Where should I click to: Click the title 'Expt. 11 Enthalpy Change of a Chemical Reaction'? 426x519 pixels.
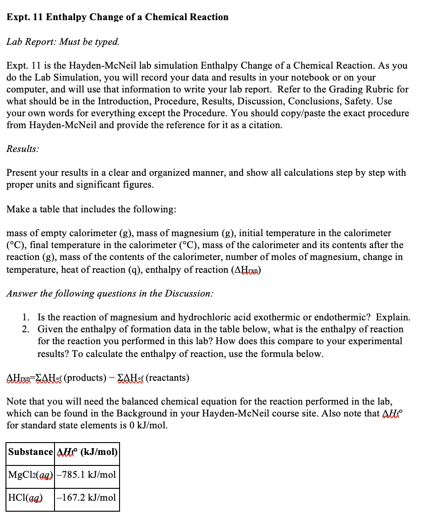[117, 17]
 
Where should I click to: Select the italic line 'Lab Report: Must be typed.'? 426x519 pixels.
[63, 42]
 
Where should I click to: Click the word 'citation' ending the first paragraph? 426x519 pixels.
[264, 125]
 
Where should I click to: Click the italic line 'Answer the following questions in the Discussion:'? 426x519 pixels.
[109, 293]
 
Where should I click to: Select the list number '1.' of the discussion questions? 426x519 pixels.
[27, 317]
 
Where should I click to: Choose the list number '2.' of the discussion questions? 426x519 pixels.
[27, 329]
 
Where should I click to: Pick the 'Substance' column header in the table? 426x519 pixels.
[31, 452]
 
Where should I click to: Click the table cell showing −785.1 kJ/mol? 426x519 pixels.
[87, 475]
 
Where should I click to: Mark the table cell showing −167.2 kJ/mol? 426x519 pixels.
[87, 497]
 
